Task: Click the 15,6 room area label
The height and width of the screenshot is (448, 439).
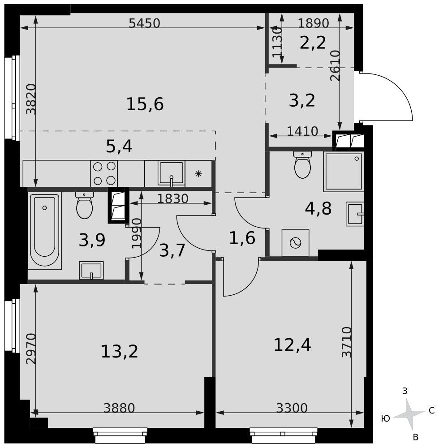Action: click(x=145, y=104)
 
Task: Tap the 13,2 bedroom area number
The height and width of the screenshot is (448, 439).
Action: click(x=120, y=351)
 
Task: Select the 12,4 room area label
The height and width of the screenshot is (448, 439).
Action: click(x=292, y=345)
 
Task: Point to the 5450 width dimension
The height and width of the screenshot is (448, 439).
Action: click(x=144, y=23)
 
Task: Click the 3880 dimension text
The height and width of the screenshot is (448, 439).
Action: click(x=119, y=408)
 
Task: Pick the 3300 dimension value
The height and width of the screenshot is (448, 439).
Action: click(x=292, y=408)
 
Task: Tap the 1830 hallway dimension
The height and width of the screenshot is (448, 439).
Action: click(x=173, y=198)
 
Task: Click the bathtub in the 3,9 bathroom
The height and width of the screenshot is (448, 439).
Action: click(x=44, y=231)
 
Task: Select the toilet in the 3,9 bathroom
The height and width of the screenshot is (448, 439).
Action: click(x=85, y=205)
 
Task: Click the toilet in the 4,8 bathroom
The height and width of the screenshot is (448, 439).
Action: click(x=302, y=165)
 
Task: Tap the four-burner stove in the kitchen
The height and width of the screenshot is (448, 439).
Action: click(x=104, y=173)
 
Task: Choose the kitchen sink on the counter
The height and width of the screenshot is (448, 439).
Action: click(x=172, y=174)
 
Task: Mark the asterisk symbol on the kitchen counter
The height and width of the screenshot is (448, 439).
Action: click(x=198, y=173)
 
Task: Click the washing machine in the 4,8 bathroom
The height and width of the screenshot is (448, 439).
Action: click(x=295, y=243)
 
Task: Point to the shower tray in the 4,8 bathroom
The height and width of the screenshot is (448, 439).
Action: click(x=344, y=172)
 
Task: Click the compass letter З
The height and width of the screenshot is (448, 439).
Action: click(x=405, y=391)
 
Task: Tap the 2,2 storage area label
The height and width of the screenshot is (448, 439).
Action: click(x=313, y=43)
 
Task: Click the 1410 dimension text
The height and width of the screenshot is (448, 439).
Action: click(x=302, y=131)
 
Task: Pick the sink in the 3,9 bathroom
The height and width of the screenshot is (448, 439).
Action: click(x=91, y=270)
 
